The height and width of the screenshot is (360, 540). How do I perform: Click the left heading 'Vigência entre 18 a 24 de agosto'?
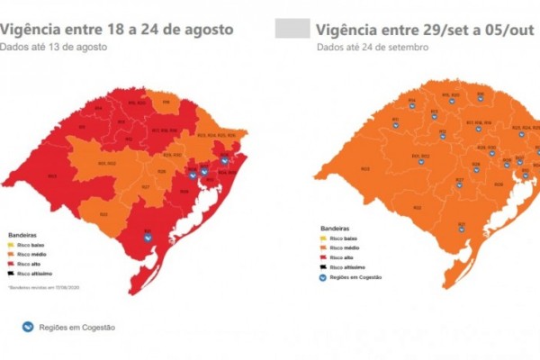tap(117, 30)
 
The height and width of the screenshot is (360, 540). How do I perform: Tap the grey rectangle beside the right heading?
tap(292, 30)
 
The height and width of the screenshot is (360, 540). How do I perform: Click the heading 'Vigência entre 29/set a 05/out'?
tap(423, 30)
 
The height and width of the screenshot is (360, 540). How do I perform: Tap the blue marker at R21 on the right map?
tap(461, 229)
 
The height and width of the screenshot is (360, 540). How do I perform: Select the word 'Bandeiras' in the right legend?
tap(332, 229)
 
